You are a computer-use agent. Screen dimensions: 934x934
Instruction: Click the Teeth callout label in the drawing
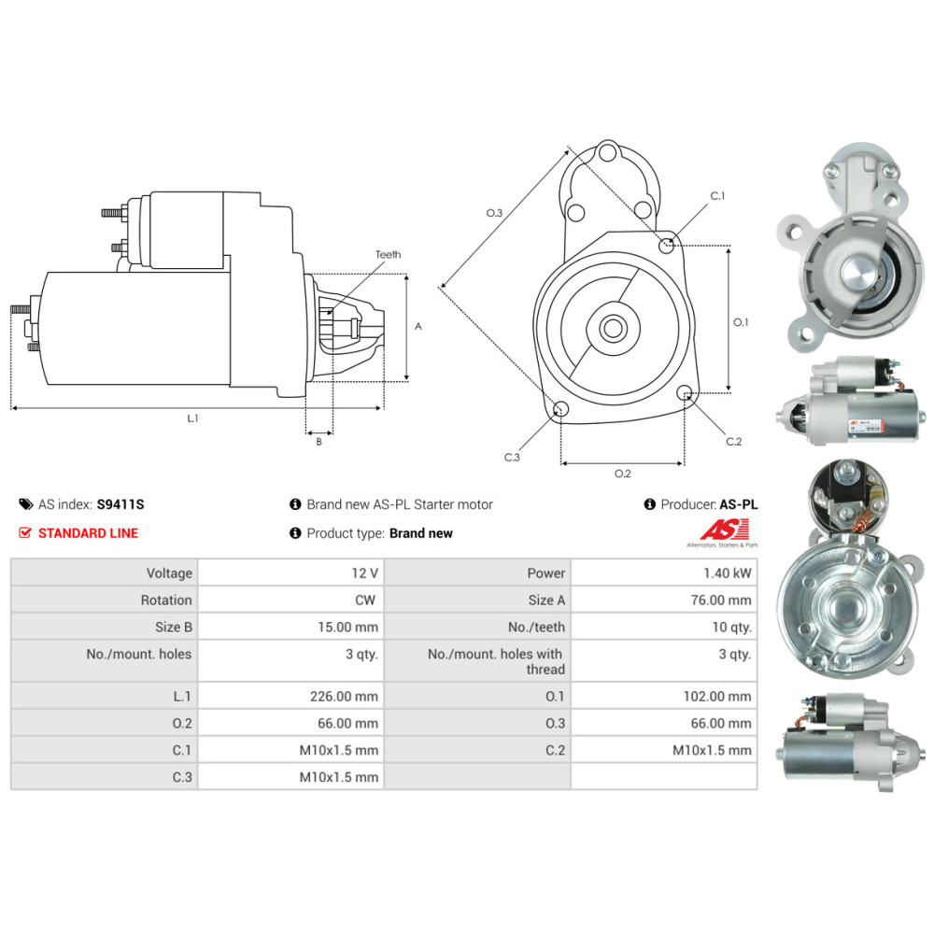coord(388,254)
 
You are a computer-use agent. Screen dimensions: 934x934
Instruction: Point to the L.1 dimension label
coord(192,418)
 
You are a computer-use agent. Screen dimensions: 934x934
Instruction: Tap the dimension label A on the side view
coord(418,327)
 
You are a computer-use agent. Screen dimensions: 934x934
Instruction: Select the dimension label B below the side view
coord(318,442)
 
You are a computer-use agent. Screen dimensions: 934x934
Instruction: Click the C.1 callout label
coord(717,196)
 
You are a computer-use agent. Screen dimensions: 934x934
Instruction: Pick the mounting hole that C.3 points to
coord(561,408)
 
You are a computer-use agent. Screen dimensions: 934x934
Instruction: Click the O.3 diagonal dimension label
coord(494,213)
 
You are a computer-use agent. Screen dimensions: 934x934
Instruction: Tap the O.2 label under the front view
coord(622,474)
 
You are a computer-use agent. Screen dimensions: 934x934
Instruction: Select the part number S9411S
coord(120,504)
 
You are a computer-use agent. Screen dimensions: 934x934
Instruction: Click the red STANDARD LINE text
coord(88,533)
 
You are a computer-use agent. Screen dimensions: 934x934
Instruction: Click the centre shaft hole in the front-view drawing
coord(614,327)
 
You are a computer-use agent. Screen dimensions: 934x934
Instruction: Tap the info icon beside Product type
coord(296,533)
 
